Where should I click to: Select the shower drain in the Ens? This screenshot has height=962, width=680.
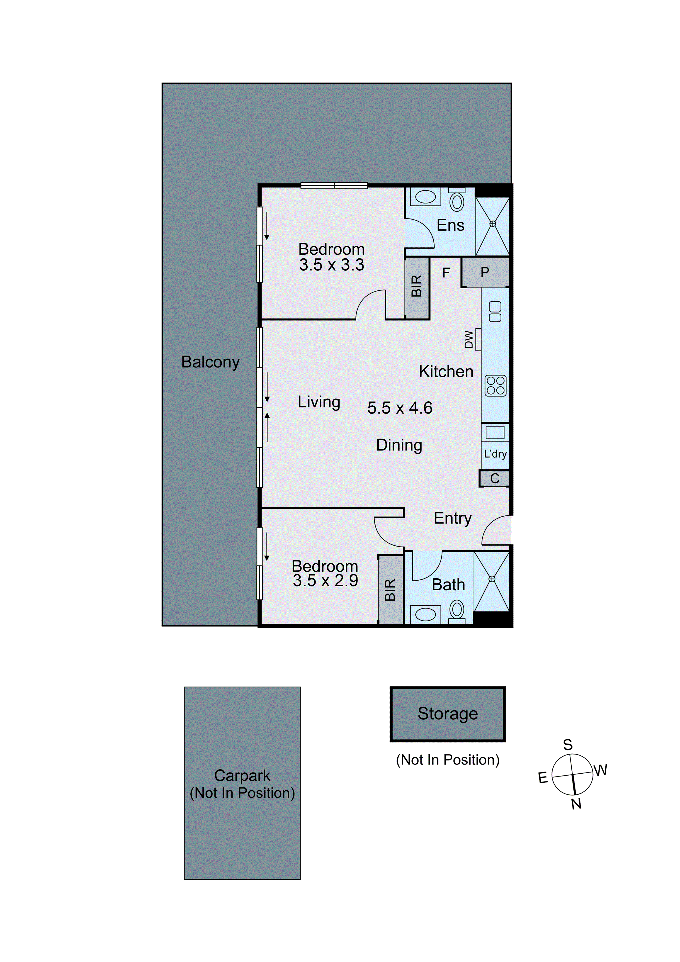tap(493, 224)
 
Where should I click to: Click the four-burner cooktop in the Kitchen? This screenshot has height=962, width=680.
tap(496, 385)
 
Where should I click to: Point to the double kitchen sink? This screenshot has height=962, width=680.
tap(495, 312)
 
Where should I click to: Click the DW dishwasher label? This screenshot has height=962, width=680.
tap(469, 339)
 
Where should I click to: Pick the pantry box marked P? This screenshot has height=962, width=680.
tap(485, 272)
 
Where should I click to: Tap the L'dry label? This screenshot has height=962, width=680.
tap(495, 454)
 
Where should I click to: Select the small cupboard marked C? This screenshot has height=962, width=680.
tap(495, 478)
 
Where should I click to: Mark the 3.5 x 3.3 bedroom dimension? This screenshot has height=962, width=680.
tap(331, 265)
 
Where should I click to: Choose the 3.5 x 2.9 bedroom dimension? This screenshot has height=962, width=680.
tap(325, 581)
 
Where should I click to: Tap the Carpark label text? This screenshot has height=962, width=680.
tap(242, 776)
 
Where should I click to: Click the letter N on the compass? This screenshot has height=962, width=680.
tap(576, 804)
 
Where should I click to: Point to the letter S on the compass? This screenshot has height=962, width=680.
tap(568, 745)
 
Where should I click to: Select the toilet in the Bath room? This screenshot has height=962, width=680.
tap(457, 610)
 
